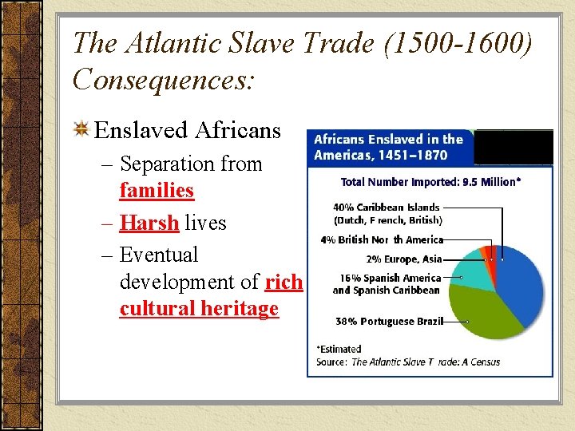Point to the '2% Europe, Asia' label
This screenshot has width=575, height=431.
coord(403,259)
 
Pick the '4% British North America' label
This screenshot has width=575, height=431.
coord(381,239)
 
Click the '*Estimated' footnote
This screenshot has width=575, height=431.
coord(339,349)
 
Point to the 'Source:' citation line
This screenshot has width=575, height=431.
coord(408,362)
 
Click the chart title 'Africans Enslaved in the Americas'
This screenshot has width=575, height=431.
coord(388,147)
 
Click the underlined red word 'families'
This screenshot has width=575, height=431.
coord(157,191)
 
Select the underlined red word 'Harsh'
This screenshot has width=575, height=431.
coord(149,223)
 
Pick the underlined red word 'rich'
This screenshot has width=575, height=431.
coord(284,282)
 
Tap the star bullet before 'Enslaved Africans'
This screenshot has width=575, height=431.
coord(81,130)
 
